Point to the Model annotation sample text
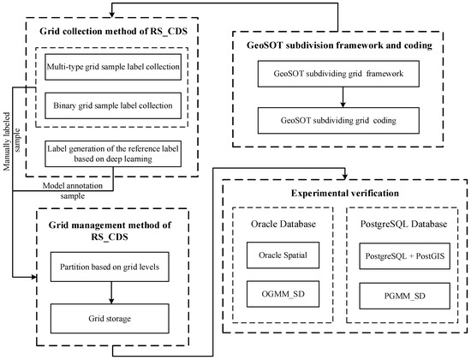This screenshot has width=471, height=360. [x=64, y=187]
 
